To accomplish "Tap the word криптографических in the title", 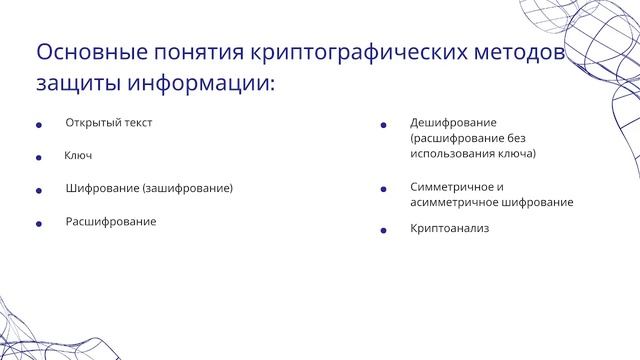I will tap(365, 51).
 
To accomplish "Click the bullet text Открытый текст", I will tap(109, 123).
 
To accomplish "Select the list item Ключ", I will tap(78, 156).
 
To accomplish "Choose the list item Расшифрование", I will tap(111, 221).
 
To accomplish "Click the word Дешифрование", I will tap(453, 123).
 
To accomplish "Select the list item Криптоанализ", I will tap(449, 229).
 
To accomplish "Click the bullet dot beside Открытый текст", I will tap(38, 125).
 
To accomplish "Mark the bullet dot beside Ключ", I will tap(38, 158).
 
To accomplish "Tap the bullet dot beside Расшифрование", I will tap(38, 223).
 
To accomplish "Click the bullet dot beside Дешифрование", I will tap(383, 125).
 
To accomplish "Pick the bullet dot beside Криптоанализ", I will tap(383, 231).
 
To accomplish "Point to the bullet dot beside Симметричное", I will tap(383, 188).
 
